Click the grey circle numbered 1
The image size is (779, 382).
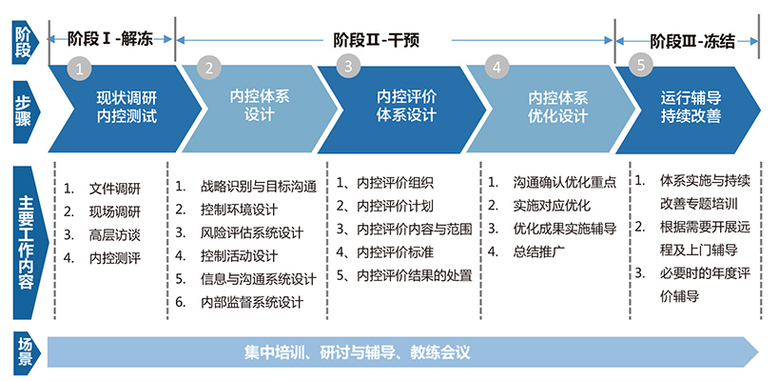click(80, 67)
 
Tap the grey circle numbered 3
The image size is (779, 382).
click(348, 66)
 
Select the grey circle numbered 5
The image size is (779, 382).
click(640, 66)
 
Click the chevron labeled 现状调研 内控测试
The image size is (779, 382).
click(126, 109)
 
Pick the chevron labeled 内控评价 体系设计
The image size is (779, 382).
click(402, 109)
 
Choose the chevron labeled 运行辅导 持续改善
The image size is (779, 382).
click(688, 109)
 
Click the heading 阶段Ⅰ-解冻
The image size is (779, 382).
click(110, 39)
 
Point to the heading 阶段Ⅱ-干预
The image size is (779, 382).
click(377, 40)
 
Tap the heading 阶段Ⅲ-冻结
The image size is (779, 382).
click(692, 41)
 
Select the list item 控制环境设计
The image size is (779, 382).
click(239, 210)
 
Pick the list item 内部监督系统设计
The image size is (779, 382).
click(252, 302)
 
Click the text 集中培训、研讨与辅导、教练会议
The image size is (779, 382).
click(357, 352)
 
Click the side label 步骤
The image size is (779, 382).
click(23, 111)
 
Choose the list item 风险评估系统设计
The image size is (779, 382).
click(252, 232)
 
